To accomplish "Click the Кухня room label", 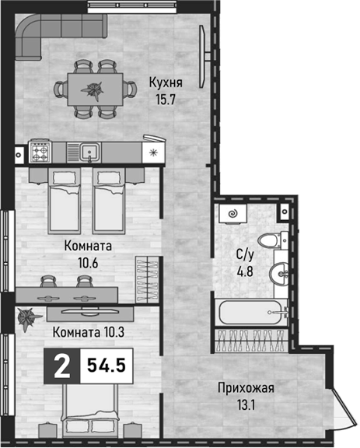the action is (166, 83).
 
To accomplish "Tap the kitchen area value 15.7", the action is (165, 100).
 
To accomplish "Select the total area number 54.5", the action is (107, 366).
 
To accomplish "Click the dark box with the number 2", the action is (62, 366).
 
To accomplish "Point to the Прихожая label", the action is (246, 389).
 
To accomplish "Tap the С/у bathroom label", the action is (245, 255).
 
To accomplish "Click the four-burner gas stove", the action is (40, 153).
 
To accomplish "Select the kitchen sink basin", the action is (90, 152).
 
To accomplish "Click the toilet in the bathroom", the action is (273, 240).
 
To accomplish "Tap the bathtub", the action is (251, 312).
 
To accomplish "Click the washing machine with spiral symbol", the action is (232, 213).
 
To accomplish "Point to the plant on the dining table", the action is (92, 89).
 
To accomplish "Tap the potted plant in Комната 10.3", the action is (29, 317).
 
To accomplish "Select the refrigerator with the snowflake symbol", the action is (154, 153).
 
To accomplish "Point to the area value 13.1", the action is (246, 405).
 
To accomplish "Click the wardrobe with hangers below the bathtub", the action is (251, 341).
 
